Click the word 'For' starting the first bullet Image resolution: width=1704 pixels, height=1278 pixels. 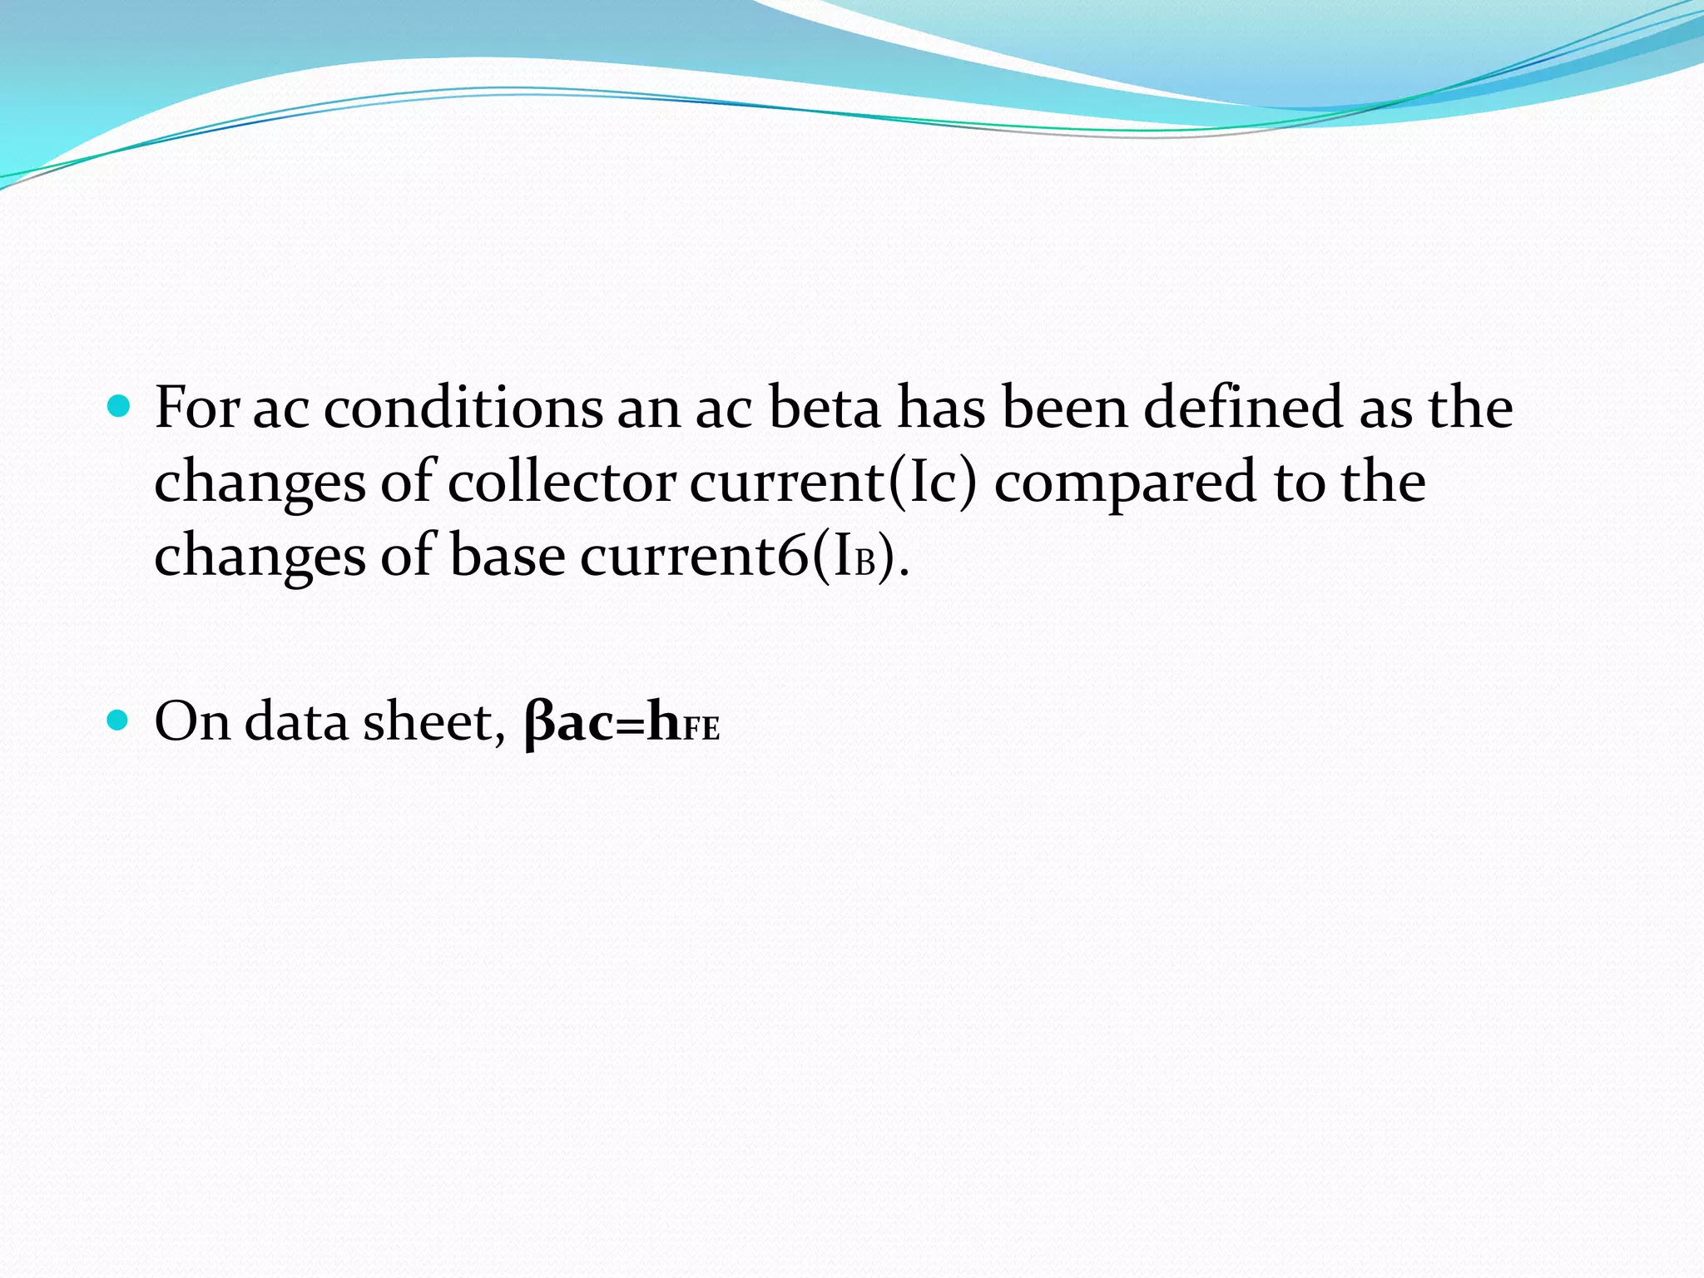coord(197,408)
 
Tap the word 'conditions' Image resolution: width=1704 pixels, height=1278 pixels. coord(463,408)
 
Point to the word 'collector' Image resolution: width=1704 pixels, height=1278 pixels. coord(562,483)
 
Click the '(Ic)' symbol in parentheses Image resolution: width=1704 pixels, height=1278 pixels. coord(933,483)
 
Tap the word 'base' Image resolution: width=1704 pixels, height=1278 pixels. coord(507,556)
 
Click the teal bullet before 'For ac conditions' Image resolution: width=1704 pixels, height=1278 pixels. coord(120,407)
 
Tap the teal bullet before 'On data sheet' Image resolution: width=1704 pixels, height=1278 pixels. coord(120,720)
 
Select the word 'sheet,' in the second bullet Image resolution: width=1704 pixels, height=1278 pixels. coord(433,721)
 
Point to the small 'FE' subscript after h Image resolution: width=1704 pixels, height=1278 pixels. coord(701,730)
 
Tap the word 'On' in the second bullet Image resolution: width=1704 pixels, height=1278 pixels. coord(192,721)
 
